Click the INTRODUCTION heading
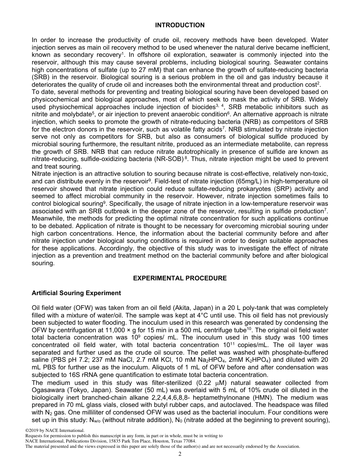(180, 25)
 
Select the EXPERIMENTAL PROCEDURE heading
(180, 278)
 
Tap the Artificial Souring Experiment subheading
(76, 293)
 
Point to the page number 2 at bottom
(180, 454)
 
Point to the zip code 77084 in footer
(188, 441)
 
